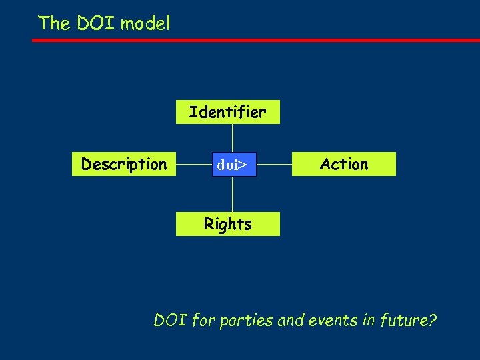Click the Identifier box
(227, 112)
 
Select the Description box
(124, 164)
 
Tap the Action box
(344, 164)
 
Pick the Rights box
(227, 224)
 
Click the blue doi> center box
(232, 165)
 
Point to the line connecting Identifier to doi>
(232, 138)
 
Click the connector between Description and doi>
(194, 164)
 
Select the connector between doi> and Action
(274, 164)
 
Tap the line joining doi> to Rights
(232, 195)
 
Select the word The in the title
(54, 23)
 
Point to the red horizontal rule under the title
(256, 40)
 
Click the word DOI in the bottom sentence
(170, 321)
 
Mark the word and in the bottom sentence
(291, 321)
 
